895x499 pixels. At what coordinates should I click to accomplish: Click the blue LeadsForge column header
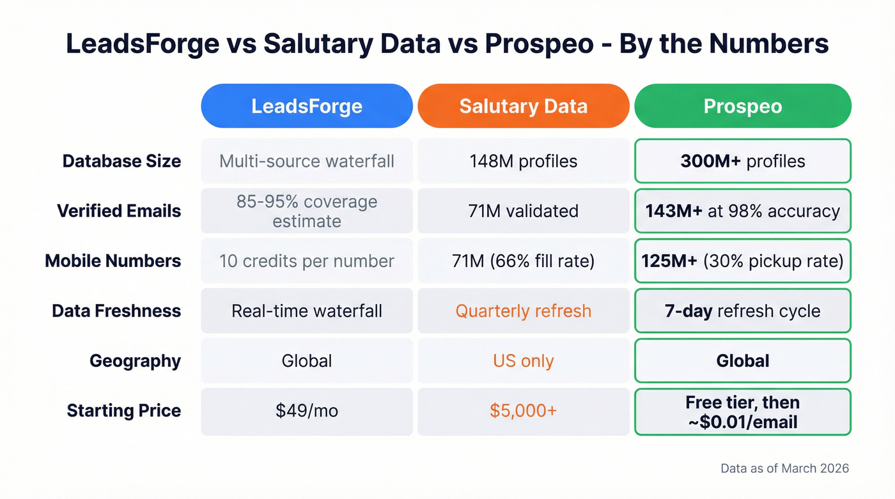pyautogui.click(x=307, y=106)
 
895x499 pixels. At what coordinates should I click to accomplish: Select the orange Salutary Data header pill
pyautogui.click(x=523, y=106)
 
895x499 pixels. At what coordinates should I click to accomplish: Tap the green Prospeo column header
pyautogui.click(x=742, y=106)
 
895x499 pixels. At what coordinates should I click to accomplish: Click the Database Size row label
pyautogui.click(x=121, y=161)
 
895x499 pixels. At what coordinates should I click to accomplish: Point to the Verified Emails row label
pyautogui.click(x=119, y=211)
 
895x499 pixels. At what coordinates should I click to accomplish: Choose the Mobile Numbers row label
pyautogui.click(x=113, y=261)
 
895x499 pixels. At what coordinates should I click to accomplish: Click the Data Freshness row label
pyautogui.click(x=116, y=311)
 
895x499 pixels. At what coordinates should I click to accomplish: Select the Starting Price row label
pyautogui.click(x=124, y=411)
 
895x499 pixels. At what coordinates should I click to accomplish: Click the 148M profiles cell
pyautogui.click(x=523, y=161)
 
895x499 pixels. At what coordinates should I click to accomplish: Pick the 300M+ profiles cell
pyautogui.click(x=742, y=161)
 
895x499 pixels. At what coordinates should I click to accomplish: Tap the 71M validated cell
pyautogui.click(x=523, y=211)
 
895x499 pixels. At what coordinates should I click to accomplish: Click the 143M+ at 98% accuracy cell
pyautogui.click(x=742, y=211)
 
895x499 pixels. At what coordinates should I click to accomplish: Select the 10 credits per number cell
pyautogui.click(x=307, y=261)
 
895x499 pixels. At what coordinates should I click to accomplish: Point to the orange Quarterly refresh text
pyautogui.click(x=523, y=311)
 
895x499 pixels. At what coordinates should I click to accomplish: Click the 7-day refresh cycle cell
pyautogui.click(x=742, y=311)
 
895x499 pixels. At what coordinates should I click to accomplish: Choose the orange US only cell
pyautogui.click(x=523, y=361)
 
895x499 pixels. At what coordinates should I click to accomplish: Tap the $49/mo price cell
pyautogui.click(x=307, y=411)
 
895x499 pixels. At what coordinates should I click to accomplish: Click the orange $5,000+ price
pyautogui.click(x=523, y=411)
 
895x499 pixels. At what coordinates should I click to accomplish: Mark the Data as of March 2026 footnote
pyautogui.click(x=784, y=468)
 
